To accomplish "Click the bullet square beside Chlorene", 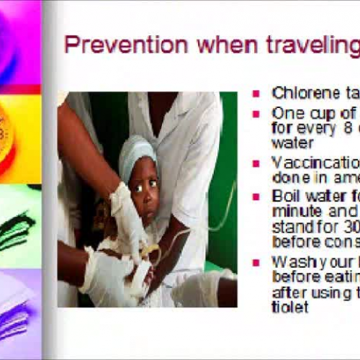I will pos(256,93).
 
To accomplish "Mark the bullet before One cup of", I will pos(256,114).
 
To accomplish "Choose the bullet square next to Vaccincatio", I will pos(256,161).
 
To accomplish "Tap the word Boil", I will pos(287,195).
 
